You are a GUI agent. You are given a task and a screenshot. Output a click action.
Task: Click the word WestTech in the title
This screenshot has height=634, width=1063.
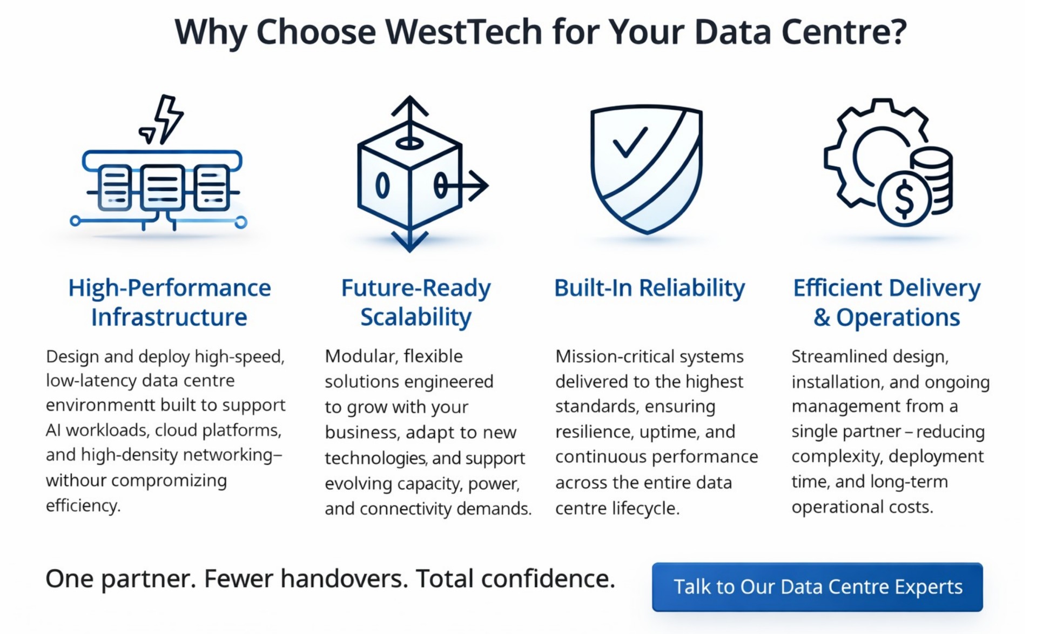(463, 32)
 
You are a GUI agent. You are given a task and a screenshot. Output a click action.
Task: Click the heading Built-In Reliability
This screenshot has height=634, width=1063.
(649, 288)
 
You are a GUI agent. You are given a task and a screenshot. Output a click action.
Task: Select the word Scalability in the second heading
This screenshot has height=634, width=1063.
(416, 317)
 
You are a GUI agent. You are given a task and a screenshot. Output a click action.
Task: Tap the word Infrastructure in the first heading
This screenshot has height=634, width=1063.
(169, 317)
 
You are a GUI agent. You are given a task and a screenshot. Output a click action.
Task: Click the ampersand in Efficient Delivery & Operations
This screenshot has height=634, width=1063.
(822, 318)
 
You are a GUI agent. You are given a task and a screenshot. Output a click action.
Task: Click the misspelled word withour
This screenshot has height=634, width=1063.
(76, 480)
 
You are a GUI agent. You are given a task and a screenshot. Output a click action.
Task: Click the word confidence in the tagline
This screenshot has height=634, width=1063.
(548, 579)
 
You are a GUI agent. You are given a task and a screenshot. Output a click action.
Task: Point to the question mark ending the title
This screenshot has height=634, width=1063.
(899, 32)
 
